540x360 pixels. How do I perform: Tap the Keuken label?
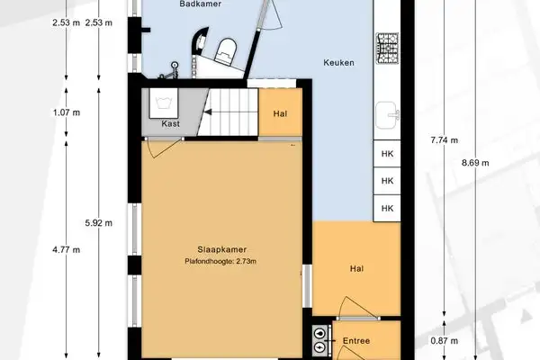tap(338, 63)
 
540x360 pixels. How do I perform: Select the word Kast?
tap(171, 123)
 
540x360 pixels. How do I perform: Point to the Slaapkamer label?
tap(222, 249)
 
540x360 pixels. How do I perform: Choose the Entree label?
tap(356, 341)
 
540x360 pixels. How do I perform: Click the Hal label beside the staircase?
tap(279, 113)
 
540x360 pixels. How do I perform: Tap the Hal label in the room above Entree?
tap(356, 268)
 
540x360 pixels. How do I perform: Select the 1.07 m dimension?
tap(67, 112)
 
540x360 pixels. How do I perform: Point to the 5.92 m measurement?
tap(98, 222)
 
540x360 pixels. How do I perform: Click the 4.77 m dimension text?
tap(67, 249)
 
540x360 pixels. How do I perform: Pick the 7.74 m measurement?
tap(445, 140)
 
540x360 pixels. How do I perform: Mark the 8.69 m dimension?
tap(475, 163)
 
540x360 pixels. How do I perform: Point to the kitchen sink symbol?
tap(388, 114)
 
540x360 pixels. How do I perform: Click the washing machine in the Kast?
tap(166, 103)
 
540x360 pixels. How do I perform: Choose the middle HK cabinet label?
tap(388, 181)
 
